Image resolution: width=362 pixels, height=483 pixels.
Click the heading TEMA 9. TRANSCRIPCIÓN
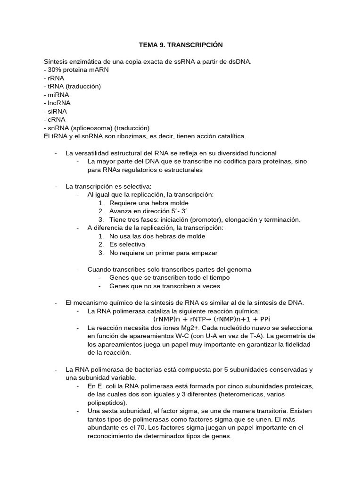coord(181,45)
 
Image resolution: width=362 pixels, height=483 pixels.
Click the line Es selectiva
coord(127,244)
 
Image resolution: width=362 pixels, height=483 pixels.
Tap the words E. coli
coord(105,386)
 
